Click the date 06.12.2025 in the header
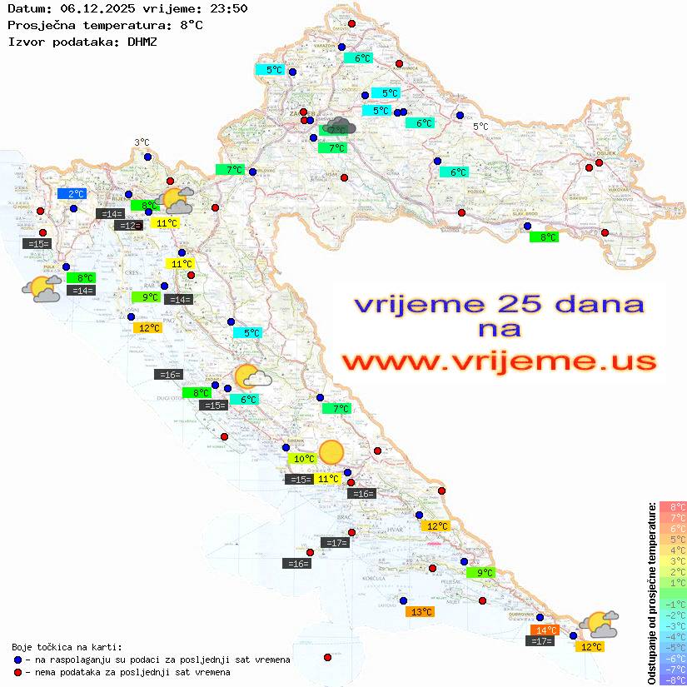pos(86,9)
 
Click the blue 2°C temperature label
pos(72,194)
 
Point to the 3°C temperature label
pos(142,142)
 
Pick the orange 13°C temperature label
pos(420,612)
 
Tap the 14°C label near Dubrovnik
pos(545,630)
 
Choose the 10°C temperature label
pos(302,459)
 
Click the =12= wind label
pos(127,226)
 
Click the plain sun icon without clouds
pos(331,451)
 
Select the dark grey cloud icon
pos(341,127)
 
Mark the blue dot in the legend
pos(17,660)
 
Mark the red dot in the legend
pos(17,672)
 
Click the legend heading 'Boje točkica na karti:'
pos(67,647)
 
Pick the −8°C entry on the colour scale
pos(673,680)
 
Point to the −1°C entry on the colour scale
pos(673,605)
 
